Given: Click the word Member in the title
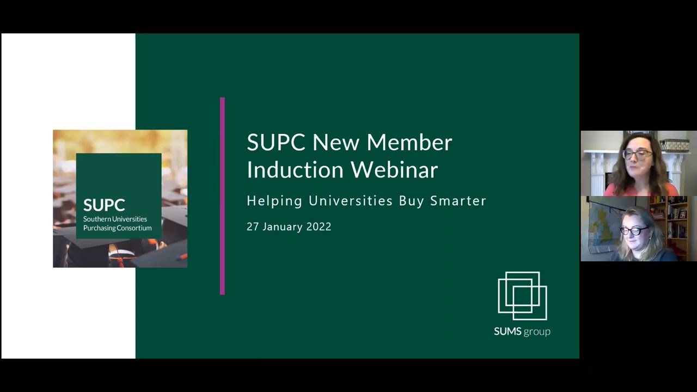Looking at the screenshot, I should pyautogui.click(x=409, y=143).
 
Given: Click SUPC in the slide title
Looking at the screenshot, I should pyautogui.click(x=276, y=143).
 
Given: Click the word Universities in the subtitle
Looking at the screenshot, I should pyautogui.click(x=351, y=201).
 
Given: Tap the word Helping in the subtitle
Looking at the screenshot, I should pyautogui.click(x=274, y=201).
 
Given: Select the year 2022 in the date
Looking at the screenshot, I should pyautogui.click(x=319, y=227).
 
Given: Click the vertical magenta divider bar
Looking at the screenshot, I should pyautogui.click(x=222, y=196).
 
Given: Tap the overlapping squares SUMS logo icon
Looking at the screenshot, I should pyautogui.click(x=522, y=296).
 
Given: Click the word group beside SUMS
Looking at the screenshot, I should pyautogui.click(x=537, y=332).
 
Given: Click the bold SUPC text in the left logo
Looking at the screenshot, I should pyautogui.click(x=104, y=205).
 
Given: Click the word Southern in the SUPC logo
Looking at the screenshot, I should pyautogui.click(x=96, y=219).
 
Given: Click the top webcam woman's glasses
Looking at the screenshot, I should pyautogui.click(x=637, y=154).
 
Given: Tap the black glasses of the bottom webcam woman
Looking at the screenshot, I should pyautogui.click(x=634, y=231).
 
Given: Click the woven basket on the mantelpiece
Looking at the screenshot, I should pyautogui.click(x=674, y=145).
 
